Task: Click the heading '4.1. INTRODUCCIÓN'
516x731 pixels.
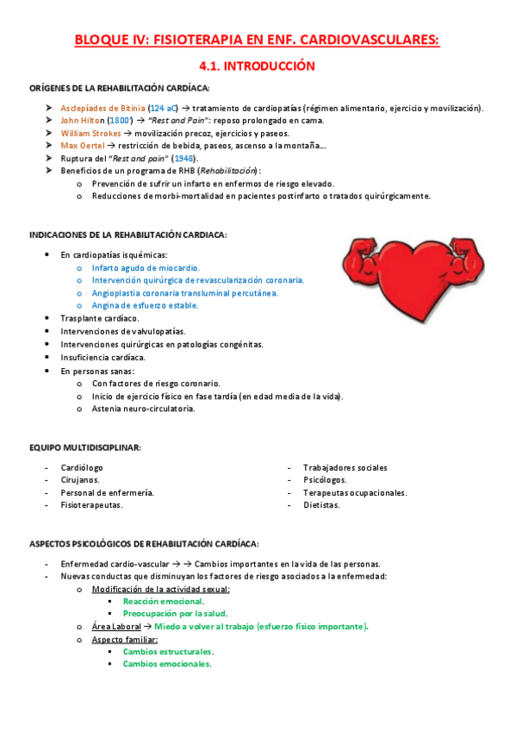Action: pyautogui.click(x=257, y=66)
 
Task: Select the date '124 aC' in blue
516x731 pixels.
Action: pyautogui.click(x=159, y=108)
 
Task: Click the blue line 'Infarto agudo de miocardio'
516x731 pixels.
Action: pyautogui.click(x=146, y=268)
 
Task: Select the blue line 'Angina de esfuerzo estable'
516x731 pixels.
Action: pyautogui.click(x=145, y=305)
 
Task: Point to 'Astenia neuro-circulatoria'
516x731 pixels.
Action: pyautogui.click(x=143, y=409)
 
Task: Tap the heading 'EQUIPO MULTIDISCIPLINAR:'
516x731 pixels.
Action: pyautogui.click(x=85, y=447)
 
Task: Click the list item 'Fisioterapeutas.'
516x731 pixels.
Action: pyautogui.click(x=91, y=505)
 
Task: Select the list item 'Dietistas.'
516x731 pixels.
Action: pyautogui.click(x=321, y=505)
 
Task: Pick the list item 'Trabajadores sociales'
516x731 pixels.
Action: pyautogui.click(x=345, y=467)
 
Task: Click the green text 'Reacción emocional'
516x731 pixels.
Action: pyautogui.click(x=163, y=601)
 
